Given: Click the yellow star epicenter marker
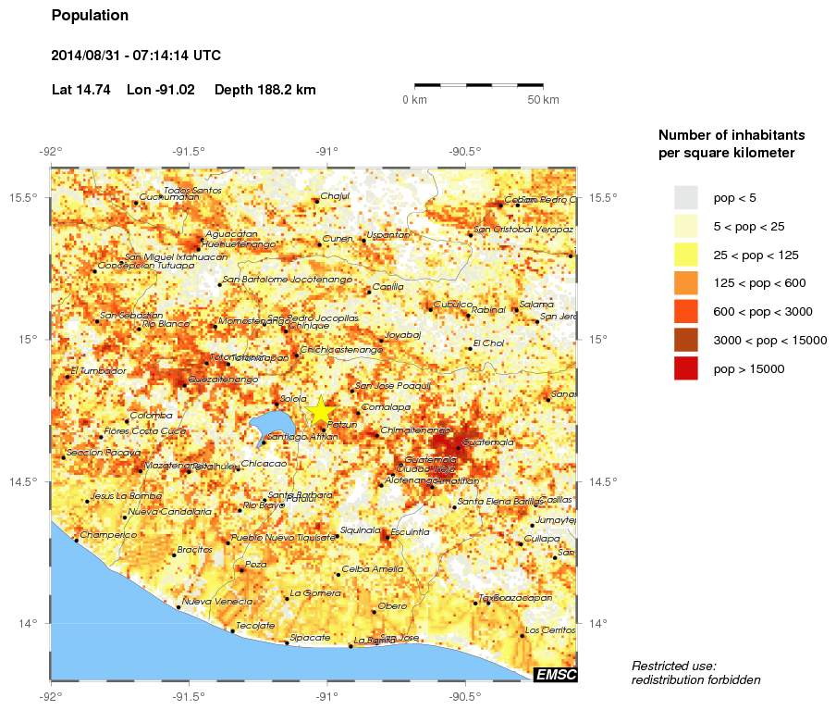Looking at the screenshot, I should [x=320, y=410].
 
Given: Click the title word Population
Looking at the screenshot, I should [x=90, y=16].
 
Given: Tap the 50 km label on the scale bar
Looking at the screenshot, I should [x=543, y=100].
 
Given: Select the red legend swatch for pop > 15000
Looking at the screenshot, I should [x=685, y=368].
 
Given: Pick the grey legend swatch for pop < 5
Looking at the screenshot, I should [x=685, y=197].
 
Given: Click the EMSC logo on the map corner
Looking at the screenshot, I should [x=556, y=675].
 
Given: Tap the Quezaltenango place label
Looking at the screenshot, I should [x=222, y=380].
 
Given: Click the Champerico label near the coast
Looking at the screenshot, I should [x=108, y=535].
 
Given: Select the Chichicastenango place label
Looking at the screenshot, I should [x=341, y=350].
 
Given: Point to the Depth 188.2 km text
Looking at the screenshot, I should [x=264, y=90].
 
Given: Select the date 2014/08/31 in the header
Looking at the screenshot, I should [x=93, y=56].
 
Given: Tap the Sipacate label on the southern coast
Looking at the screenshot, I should [x=310, y=638].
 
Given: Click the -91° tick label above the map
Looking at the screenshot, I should [x=326, y=152].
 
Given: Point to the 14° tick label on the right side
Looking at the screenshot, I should [x=596, y=623].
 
